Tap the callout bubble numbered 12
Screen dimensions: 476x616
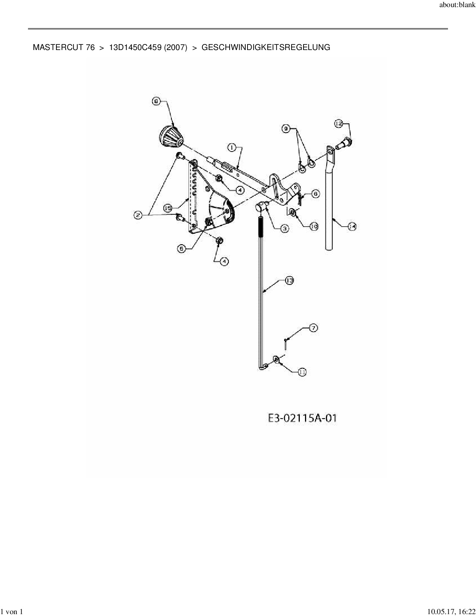(x=339, y=124)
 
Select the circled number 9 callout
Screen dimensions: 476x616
(x=286, y=128)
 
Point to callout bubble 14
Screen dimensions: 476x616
(x=352, y=226)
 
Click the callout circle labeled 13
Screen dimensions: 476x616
(x=289, y=280)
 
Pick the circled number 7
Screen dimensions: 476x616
(x=313, y=328)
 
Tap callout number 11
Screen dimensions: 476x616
(x=302, y=372)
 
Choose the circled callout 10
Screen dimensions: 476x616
(x=314, y=226)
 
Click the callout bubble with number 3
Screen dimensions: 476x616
(x=284, y=228)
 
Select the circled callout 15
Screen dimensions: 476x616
(x=168, y=208)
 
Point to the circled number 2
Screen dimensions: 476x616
(x=139, y=215)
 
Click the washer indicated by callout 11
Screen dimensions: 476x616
(x=277, y=360)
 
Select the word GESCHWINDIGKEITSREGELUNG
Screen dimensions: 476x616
(x=265, y=47)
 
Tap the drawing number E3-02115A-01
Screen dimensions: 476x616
(x=302, y=418)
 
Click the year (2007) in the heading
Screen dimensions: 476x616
(x=175, y=47)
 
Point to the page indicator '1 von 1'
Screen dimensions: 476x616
(x=13, y=612)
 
